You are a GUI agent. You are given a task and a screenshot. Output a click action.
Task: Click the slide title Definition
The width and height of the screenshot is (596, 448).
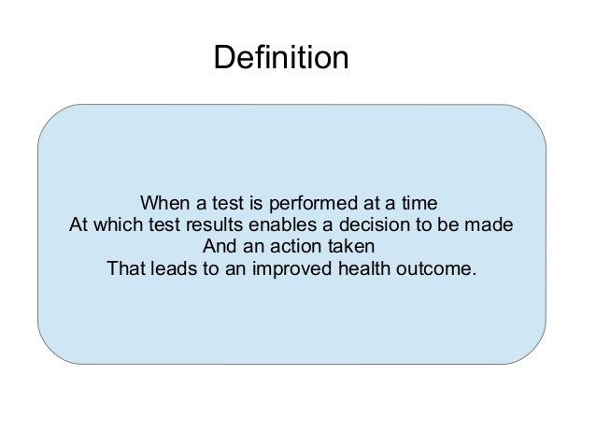280,59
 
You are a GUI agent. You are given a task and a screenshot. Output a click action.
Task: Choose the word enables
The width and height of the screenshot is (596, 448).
279,226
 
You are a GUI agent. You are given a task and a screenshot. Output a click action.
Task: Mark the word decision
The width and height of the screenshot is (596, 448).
372,226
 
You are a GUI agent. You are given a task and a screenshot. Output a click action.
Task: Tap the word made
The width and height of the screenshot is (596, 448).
490,226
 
